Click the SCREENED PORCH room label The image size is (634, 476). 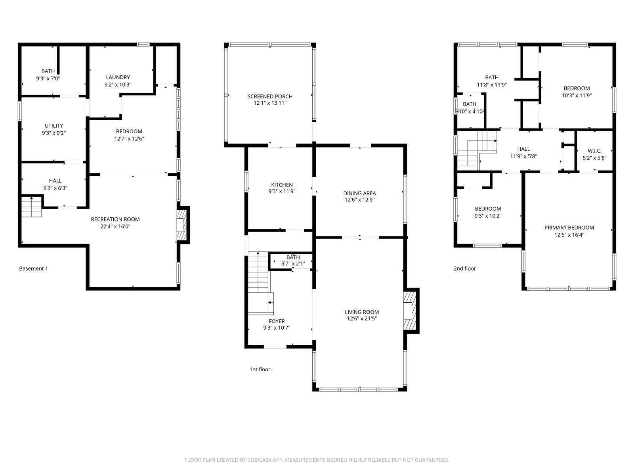point(270,96)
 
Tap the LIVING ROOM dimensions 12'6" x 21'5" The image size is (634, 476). point(362,319)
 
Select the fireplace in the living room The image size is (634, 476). point(410,311)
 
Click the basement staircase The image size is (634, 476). point(31,207)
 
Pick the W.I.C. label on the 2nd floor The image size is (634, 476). point(594,151)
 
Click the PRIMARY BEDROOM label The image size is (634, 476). point(569,227)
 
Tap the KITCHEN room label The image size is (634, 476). point(282,185)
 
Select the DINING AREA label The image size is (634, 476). point(360,193)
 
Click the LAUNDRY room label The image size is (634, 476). point(118,77)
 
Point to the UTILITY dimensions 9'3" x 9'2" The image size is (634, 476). point(54,133)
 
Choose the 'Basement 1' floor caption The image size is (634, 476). point(34,269)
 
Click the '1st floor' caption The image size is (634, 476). point(260,369)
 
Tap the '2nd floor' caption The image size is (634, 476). point(465,269)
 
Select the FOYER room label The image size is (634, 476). point(277,321)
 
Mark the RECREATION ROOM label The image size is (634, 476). point(115,219)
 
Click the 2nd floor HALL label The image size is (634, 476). point(523,149)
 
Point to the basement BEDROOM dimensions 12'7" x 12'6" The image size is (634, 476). point(129,139)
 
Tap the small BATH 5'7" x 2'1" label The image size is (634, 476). point(293,260)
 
